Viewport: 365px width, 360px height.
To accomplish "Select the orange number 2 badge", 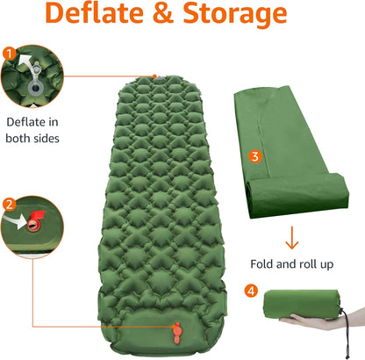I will point(9,205).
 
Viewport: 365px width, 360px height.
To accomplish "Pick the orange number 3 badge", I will point(254,156).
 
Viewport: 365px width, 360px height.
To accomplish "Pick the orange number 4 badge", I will point(252,291).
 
